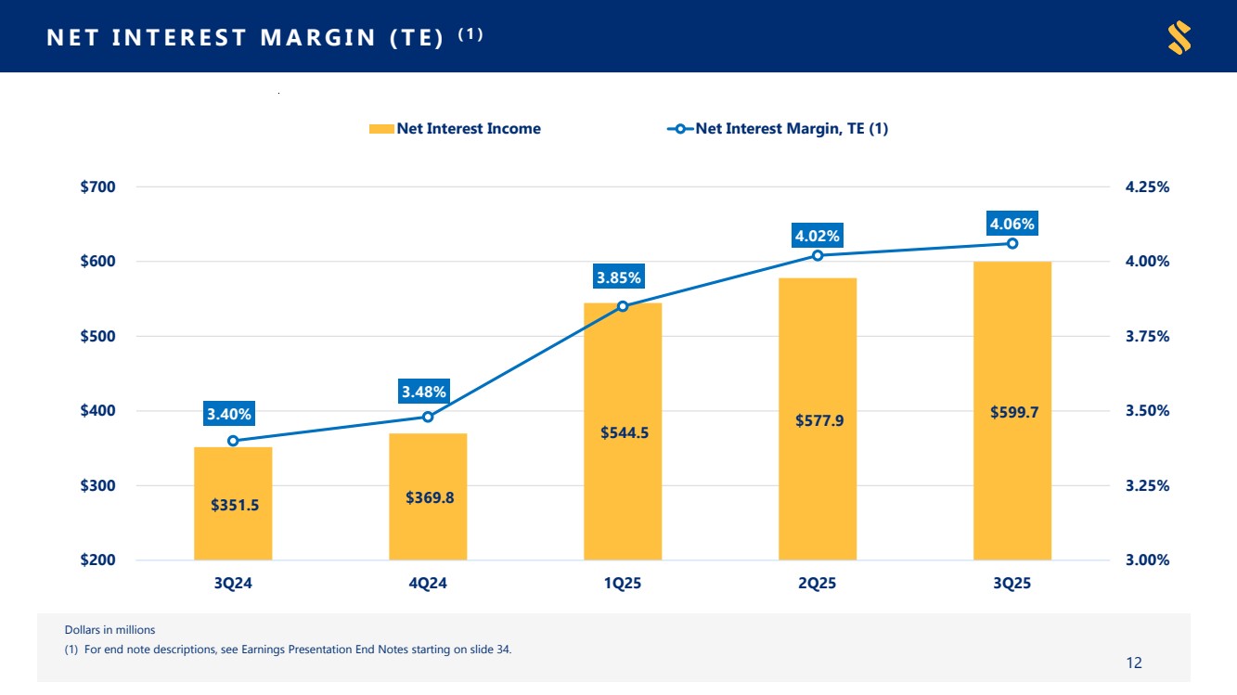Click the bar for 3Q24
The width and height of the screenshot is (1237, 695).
tap(233, 503)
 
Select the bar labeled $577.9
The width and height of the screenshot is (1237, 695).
tap(818, 419)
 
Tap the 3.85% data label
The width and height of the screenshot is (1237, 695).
tap(619, 277)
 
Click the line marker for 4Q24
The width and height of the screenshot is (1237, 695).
tap(428, 417)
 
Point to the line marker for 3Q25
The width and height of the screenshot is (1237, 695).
tap(1012, 243)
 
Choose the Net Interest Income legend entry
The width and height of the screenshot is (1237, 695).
tap(455, 129)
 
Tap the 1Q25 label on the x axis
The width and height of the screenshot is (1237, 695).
tap(623, 585)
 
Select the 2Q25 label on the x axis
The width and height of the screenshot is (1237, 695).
tap(818, 585)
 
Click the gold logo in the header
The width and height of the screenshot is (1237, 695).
tap(1179, 38)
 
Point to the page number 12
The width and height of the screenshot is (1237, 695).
tap(1133, 663)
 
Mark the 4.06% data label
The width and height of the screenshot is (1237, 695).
tap(1012, 224)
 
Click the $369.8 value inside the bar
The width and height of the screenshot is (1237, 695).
tap(430, 497)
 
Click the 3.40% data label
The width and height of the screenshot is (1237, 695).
tap(229, 414)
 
